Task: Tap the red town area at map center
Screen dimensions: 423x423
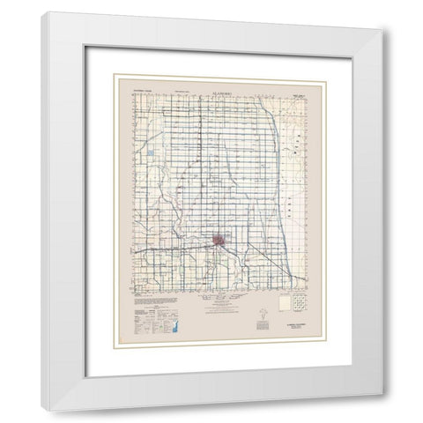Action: (221, 240)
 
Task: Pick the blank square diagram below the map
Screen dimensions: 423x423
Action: (284, 304)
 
